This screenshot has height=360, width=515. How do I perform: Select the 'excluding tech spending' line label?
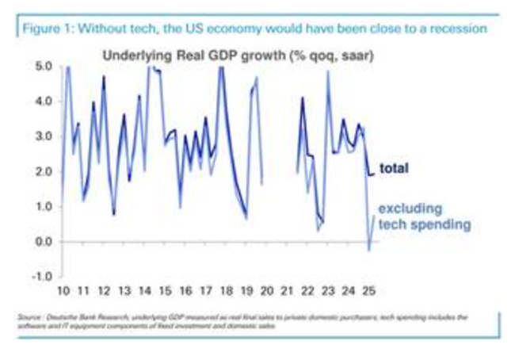pyautogui.click(x=411, y=216)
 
